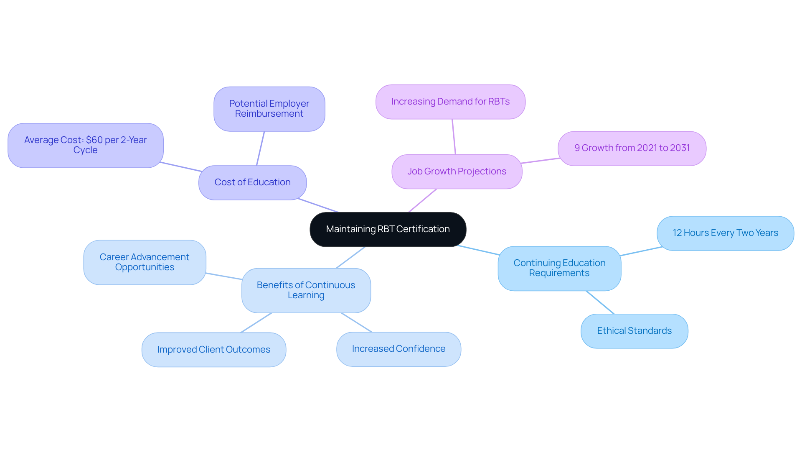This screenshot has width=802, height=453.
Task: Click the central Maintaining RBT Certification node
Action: click(388, 229)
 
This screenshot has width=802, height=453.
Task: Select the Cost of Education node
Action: click(252, 182)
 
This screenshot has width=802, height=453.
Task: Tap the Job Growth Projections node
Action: click(457, 171)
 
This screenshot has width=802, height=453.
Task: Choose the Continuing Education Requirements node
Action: click(559, 268)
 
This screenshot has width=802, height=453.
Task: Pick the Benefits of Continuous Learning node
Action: click(306, 290)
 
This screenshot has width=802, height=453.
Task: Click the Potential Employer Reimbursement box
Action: click(269, 109)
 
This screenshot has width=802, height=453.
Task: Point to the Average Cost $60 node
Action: click(85, 145)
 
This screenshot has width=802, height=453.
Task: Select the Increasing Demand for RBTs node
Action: click(450, 102)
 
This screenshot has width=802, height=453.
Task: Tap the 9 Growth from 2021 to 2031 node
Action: click(632, 148)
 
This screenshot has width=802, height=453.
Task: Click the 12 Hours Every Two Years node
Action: click(725, 233)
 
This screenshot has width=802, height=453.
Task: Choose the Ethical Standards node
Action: click(634, 331)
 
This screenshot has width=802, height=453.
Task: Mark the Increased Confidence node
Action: click(398, 349)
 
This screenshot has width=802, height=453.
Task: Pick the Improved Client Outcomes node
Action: click(213, 350)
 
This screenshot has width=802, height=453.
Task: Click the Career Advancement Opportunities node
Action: click(145, 262)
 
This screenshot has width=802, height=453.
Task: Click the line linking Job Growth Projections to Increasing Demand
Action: click(454, 137)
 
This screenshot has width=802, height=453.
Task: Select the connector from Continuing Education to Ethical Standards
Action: click(600, 302)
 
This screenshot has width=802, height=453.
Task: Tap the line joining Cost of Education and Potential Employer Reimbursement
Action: click(260, 148)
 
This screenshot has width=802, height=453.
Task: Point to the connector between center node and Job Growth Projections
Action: click(422, 201)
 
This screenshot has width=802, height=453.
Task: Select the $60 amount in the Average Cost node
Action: click(94, 140)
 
